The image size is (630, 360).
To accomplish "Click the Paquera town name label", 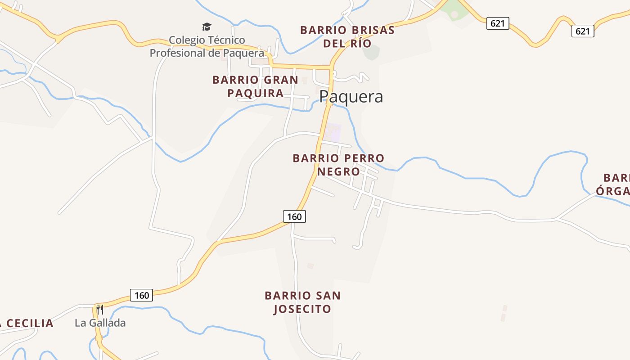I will tap(351, 97).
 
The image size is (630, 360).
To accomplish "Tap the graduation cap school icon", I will tap(207, 27).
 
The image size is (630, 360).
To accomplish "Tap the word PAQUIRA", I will tap(255, 93).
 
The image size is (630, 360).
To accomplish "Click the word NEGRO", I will tap(338, 171).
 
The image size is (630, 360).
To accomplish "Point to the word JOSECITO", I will tap(302, 309).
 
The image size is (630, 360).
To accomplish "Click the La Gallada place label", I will tap(100, 323).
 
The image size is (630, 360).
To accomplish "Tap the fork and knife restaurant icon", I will tap(100, 309).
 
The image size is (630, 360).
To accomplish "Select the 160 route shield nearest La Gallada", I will tap(142, 295).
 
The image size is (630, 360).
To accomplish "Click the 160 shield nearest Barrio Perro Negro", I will tap(294, 216).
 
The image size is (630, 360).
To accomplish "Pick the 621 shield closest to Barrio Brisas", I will tap(497, 23).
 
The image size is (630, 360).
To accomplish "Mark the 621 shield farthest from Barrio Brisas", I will tap(583, 31).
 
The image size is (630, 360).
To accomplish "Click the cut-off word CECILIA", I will tap(29, 323).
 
